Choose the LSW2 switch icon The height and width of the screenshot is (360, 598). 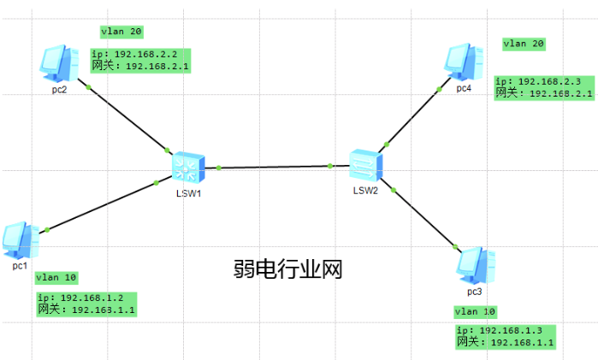click(x=365, y=162)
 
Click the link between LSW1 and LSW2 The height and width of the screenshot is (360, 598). click(x=275, y=167)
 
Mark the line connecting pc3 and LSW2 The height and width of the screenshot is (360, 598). click(x=423, y=219)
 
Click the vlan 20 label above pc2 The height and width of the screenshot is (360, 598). click(x=121, y=32)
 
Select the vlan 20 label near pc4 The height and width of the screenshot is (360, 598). click(x=524, y=43)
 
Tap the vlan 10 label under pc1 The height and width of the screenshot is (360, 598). click(x=56, y=277)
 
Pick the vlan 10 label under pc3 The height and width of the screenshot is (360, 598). click(x=476, y=311)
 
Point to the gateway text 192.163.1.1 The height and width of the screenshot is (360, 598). click(x=104, y=310)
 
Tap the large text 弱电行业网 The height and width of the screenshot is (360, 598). click(x=287, y=270)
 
